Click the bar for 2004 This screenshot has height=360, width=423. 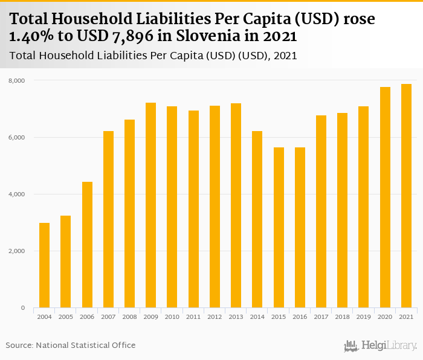tap(44, 265)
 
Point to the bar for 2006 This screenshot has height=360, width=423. tap(87, 245)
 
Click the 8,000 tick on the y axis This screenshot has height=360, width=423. tap(16, 80)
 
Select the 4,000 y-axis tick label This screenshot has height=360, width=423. tap(16, 194)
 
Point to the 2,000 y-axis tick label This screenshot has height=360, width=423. tap(16, 251)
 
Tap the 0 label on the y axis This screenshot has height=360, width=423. tap(22, 308)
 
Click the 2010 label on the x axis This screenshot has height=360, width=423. tap(172, 317)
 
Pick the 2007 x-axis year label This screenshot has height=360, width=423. tap(108, 317)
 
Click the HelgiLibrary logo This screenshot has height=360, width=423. tap(381, 346)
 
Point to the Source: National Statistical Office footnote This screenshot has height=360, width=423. tap(71, 345)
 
